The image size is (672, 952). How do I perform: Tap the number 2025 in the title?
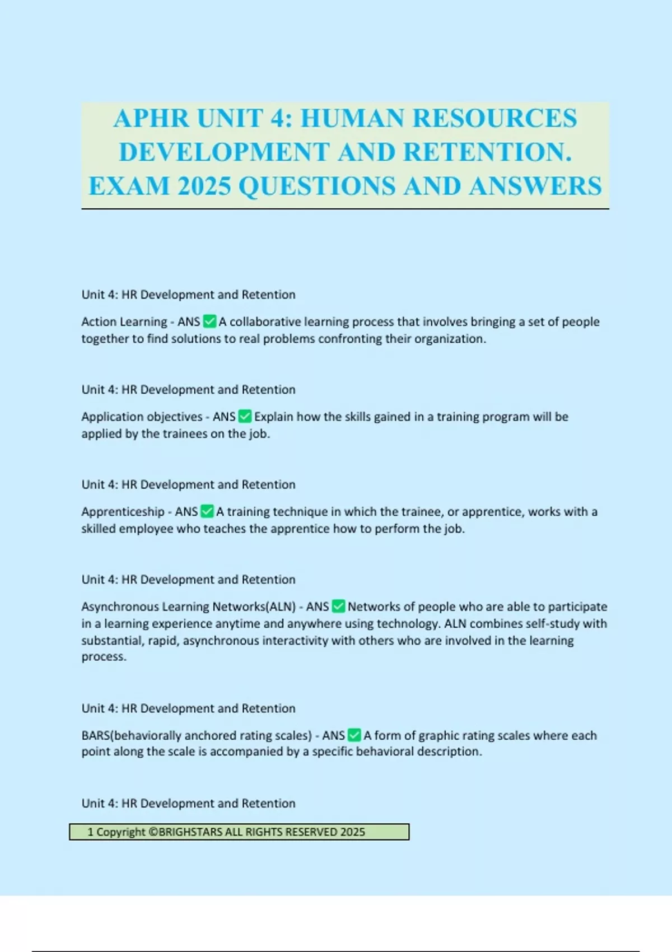[204, 186]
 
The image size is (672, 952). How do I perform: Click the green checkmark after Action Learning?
[209, 321]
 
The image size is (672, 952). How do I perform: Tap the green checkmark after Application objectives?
[245, 416]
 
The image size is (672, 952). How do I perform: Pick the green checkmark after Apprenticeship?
[207, 511]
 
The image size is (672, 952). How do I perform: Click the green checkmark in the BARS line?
[354, 735]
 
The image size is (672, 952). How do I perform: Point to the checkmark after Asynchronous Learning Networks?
[338, 606]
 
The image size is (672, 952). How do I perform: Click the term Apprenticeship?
[123, 512]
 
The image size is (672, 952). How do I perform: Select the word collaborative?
[265, 321]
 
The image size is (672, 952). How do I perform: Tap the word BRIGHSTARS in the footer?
[190, 832]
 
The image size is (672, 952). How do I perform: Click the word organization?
[450, 339]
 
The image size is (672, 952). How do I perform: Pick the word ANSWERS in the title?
[535, 186]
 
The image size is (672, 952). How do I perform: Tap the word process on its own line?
[103, 656]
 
